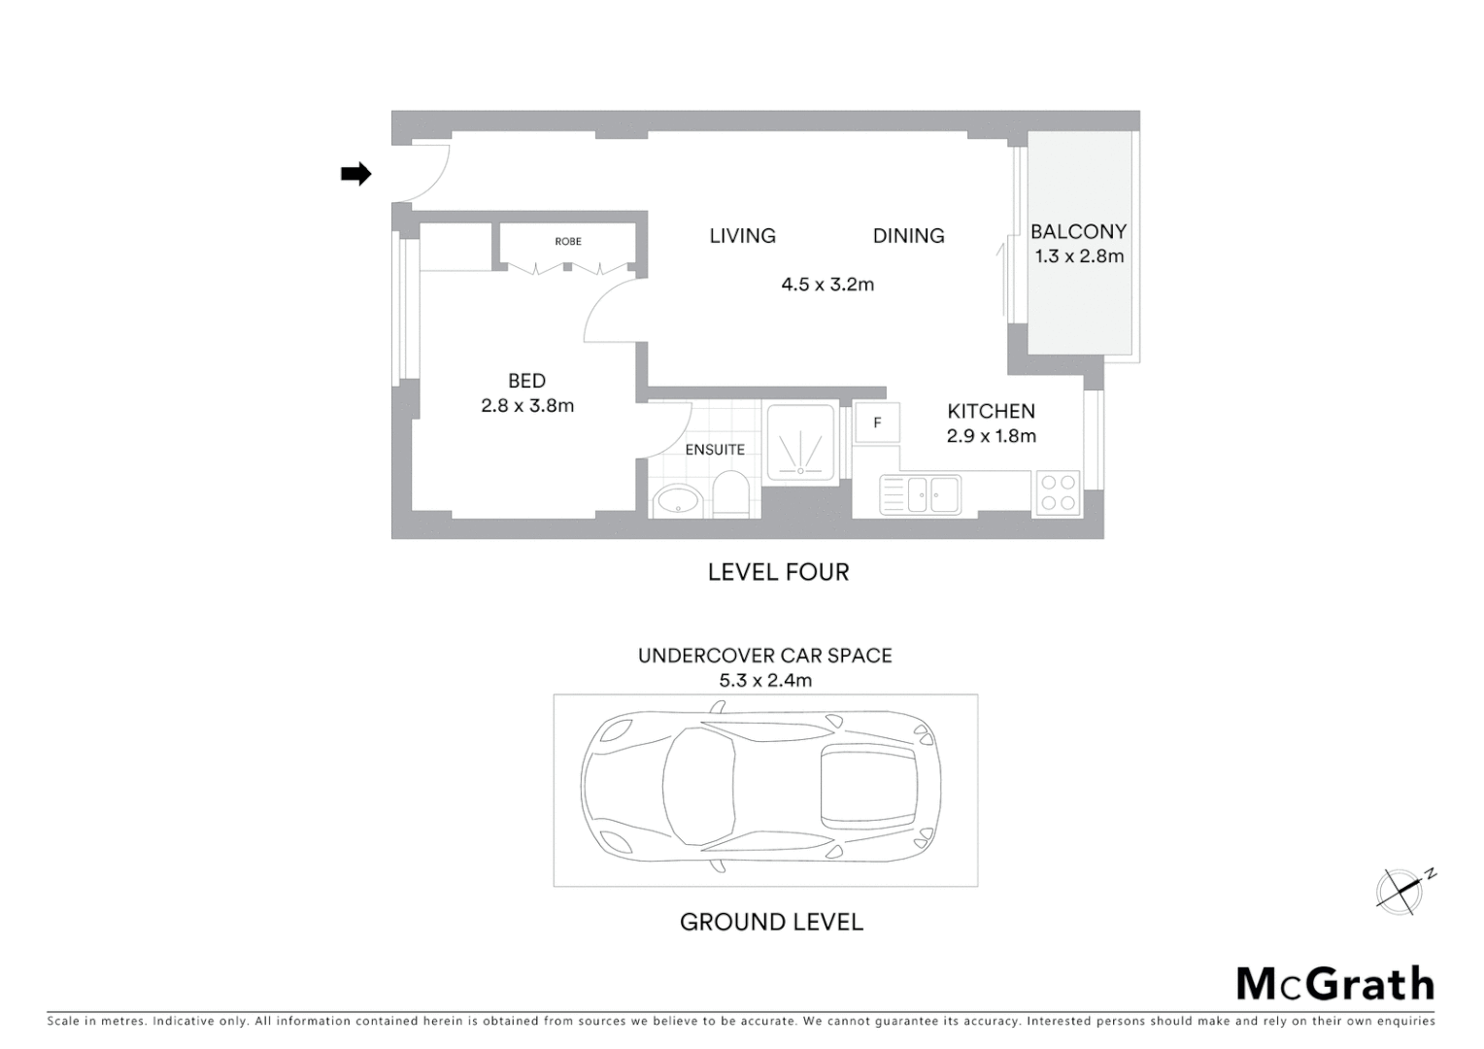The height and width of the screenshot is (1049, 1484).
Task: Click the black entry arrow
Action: pyautogui.click(x=355, y=174)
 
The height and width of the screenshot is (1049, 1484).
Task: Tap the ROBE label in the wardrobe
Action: pyautogui.click(x=568, y=241)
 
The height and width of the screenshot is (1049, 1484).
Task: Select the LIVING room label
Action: pyautogui.click(x=742, y=236)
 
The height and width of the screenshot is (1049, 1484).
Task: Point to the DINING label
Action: pyautogui.click(x=908, y=236)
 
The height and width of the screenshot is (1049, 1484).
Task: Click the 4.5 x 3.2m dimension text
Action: pyautogui.click(x=827, y=285)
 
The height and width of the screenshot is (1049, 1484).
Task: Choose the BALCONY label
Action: pyautogui.click(x=1078, y=231)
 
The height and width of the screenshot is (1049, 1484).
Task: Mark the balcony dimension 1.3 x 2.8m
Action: pyautogui.click(x=1079, y=256)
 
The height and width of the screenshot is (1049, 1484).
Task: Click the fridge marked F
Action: pyautogui.click(x=877, y=423)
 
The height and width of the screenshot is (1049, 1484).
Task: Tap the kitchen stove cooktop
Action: pyautogui.click(x=1057, y=492)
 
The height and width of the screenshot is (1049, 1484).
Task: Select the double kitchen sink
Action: pyautogui.click(x=921, y=494)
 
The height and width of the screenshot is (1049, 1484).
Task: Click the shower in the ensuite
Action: pyautogui.click(x=801, y=442)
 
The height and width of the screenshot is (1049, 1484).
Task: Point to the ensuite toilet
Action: pyautogui.click(x=729, y=495)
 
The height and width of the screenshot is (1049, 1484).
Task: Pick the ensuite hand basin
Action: pyautogui.click(x=675, y=501)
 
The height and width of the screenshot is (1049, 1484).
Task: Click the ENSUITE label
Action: pyautogui.click(x=715, y=450)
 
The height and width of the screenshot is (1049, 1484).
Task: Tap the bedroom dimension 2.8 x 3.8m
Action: pyautogui.click(x=527, y=406)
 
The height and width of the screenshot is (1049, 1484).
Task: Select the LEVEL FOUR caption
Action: pyautogui.click(x=778, y=572)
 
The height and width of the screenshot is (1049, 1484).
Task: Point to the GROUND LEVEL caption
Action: pyautogui.click(x=771, y=922)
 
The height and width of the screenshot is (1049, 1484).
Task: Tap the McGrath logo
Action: pyautogui.click(x=1334, y=984)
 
